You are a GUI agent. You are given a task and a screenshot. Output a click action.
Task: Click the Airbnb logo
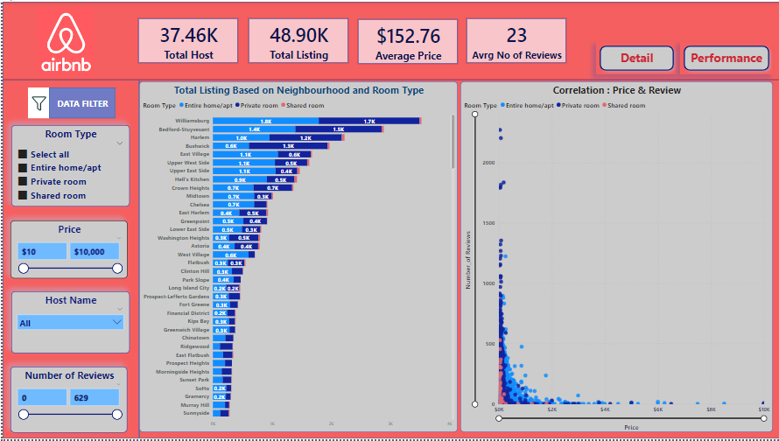(66, 43)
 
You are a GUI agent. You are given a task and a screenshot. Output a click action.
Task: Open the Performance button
(726, 59)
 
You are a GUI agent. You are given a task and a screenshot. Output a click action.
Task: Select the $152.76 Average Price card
(408, 43)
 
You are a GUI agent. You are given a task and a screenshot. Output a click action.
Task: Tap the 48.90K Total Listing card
(298, 42)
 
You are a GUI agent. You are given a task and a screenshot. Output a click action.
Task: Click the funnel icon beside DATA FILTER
(39, 103)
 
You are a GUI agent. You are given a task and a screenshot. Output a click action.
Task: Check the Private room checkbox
(23, 182)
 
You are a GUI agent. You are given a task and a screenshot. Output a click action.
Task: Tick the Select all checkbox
(23, 155)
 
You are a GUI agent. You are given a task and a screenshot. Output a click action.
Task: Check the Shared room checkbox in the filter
(23, 196)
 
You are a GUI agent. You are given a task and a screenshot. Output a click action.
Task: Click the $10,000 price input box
(95, 251)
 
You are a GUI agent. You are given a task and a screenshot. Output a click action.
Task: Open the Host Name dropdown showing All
(71, 322)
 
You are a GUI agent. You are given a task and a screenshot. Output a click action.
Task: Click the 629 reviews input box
(95, 397)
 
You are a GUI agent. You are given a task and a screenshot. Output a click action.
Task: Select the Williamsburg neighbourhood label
(192, 121)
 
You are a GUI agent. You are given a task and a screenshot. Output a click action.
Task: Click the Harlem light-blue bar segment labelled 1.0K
(242, 137)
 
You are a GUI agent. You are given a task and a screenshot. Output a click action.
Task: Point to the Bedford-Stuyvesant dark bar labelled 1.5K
(338, 129)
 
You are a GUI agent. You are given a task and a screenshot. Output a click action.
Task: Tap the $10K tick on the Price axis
(763, 409)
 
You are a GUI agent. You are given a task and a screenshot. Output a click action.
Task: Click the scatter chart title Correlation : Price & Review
(616, 90)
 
